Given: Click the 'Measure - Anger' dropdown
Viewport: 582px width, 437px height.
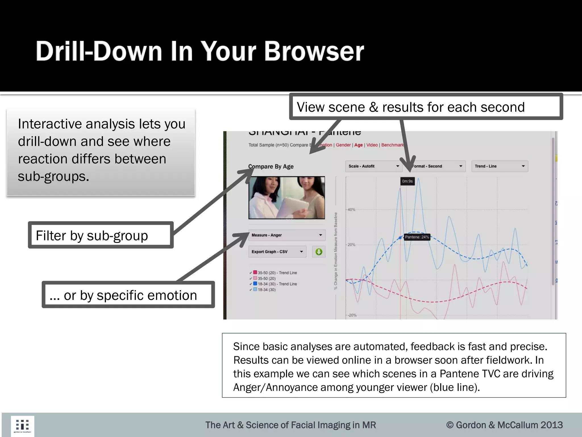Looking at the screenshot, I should (x=286, y=235).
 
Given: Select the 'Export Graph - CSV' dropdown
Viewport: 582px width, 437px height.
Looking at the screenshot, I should (x=277, y=252).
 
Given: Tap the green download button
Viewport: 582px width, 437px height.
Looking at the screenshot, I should (x=319, y=252).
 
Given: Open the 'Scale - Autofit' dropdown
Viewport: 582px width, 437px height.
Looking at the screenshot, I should (x=373, y=166).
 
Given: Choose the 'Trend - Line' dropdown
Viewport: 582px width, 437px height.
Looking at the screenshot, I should (x=499, y=166).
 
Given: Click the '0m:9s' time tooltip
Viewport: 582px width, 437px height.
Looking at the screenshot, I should (x=407, y=181).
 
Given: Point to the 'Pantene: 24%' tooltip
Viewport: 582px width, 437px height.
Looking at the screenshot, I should (x=417, y=237).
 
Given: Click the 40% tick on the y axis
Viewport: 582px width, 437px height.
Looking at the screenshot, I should (x=351, y=210).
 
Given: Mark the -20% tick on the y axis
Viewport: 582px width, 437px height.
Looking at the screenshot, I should (x=352, y=315).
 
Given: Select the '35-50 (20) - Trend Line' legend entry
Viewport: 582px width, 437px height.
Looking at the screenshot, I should (x=277, y=273).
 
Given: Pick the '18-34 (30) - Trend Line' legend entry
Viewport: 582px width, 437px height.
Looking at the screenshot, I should (x=277, y=284).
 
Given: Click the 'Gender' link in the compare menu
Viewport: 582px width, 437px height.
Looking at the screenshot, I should (x=343, y=145).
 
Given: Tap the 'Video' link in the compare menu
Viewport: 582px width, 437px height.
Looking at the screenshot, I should (x=372, y=145).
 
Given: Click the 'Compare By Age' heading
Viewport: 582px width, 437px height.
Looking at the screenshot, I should (x=271, y=166).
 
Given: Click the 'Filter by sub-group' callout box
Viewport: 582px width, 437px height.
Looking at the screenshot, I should (x=101, y=235).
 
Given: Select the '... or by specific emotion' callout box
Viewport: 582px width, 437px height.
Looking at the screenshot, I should (x=128, y=295).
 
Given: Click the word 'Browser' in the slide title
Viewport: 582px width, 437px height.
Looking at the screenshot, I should (x=314, y=51).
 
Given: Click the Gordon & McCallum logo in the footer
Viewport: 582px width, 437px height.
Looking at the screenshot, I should (x=22, y=426).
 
